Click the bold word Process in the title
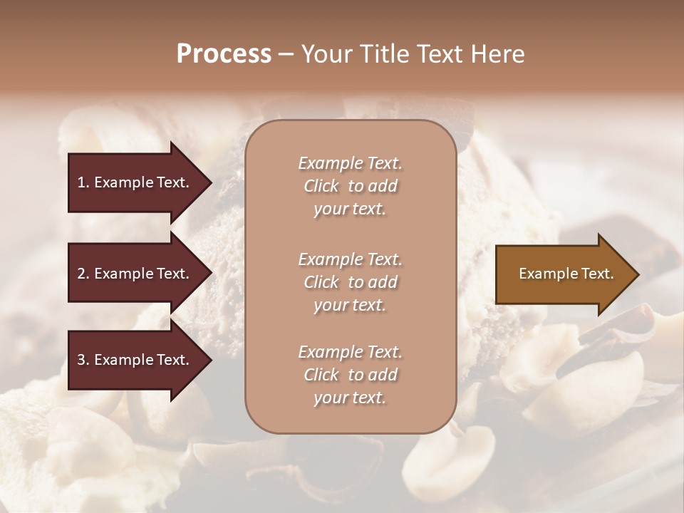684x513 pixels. coord(224,54)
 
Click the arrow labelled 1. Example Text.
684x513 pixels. coord(135,182)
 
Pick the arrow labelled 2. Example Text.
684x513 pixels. coord(135,274)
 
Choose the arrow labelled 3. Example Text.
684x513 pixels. coord(135,361)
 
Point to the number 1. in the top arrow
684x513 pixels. coord(83,182)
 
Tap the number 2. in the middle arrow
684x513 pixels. coord(83,274)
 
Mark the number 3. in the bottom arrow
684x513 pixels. coord(83,361)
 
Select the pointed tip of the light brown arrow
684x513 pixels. coord(636,274)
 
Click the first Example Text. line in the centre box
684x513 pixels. coord(350,163)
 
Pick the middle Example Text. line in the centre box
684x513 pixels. coord(350,259)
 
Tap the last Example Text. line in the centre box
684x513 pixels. coord(350,352)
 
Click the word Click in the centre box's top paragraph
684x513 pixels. coord(321,187)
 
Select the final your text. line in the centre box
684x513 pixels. coord(350,398)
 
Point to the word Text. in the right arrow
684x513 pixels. coord(596,274)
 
